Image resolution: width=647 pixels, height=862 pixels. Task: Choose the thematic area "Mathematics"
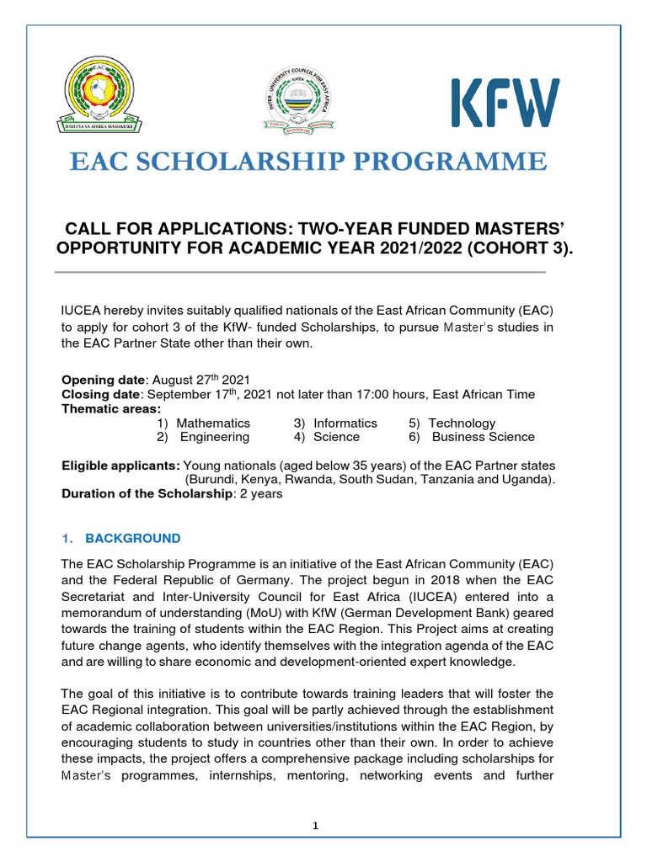(x=213, y=423)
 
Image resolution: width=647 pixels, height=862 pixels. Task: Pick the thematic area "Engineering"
(x=215, y=437)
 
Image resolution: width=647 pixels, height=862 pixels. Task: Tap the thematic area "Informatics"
(x=345, y=423)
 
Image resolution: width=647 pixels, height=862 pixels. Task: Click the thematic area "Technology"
(x=462, y=423)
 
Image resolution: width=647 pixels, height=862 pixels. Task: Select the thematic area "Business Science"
(x=483, y=437)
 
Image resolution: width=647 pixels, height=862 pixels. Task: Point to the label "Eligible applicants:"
(x=120, y=466)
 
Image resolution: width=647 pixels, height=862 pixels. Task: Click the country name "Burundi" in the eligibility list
(x=212, y=480)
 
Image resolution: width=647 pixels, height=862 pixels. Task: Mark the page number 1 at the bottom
(x=315, y=826)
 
